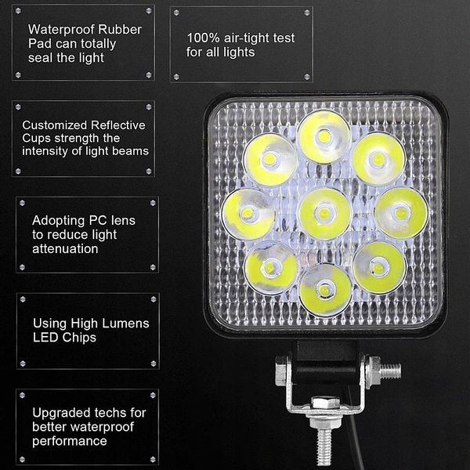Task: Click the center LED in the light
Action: [x=324, y=214]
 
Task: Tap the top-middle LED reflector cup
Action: [x=324, y=137]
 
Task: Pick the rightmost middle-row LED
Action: [x=401, y=212]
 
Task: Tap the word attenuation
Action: [x=65, y=248]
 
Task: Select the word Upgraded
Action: [x=60, y=412]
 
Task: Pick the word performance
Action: [x=69, y=440]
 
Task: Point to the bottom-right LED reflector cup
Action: [x=378, y=267]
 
